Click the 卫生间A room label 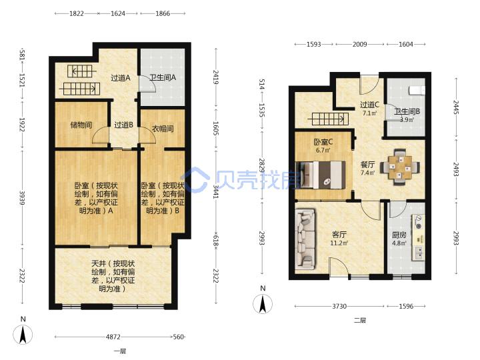163,77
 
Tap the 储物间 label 81,125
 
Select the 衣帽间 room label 163,129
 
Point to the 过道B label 124,125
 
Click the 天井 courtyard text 113,276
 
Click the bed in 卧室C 321,175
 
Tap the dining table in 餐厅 400,167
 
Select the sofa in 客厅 305,239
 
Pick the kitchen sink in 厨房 419,253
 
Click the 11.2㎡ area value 339,243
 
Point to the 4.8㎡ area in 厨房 399,243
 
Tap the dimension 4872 113,337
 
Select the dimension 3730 339,306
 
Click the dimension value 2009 360,45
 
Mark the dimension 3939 22,198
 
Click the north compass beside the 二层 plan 263,304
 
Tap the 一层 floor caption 120,351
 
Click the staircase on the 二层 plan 330,119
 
